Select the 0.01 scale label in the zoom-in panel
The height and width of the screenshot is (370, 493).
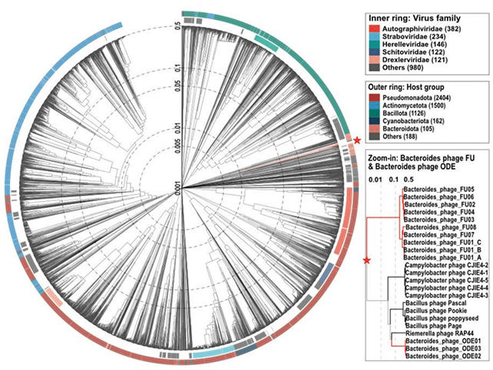click(x=376, y=178)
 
